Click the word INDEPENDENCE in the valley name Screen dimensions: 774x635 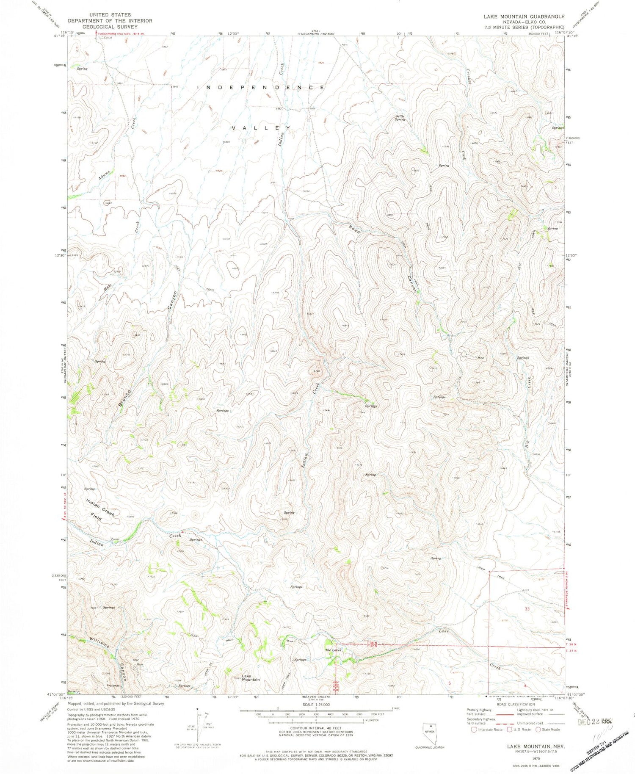(261, 87)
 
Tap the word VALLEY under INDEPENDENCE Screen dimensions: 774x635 (261, 127)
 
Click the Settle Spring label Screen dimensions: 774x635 (400, 118)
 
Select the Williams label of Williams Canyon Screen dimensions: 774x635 (99, 643)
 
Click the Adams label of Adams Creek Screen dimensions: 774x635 (105, 174)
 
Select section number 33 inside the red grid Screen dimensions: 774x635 (527, 609)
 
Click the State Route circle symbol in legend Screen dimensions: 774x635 (538, 730)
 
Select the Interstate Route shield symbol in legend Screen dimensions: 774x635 (473, 730)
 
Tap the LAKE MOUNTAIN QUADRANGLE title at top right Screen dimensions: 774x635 (524, 17)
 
